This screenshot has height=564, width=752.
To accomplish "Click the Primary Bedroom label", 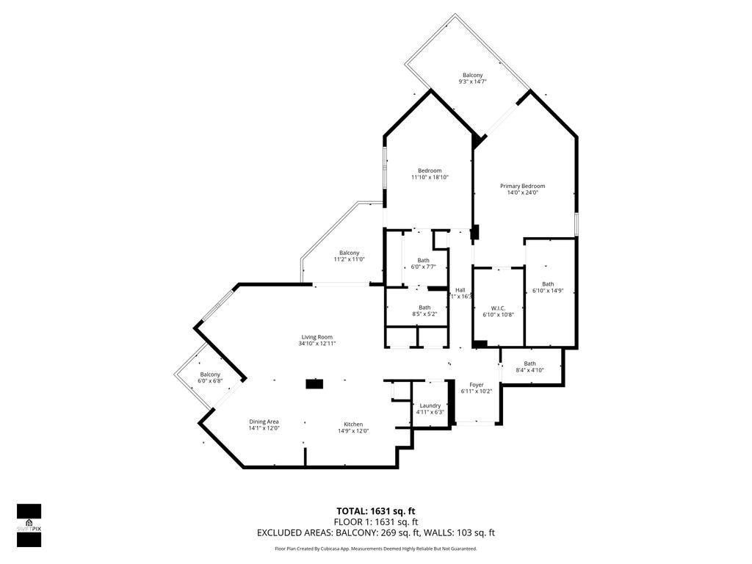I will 522,186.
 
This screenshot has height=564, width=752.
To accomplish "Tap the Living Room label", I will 316,337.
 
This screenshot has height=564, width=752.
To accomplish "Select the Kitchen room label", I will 353,424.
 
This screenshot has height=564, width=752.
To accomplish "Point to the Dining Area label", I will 263,421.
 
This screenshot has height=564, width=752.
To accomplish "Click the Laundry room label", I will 430,405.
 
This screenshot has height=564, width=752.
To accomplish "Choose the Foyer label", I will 477,384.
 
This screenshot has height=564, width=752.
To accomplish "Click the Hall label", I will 460,289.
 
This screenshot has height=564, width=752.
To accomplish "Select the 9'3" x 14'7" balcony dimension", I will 472,82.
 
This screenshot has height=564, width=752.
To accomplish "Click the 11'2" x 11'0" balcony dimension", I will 349,259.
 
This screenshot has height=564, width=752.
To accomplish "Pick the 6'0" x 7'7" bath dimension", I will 424,267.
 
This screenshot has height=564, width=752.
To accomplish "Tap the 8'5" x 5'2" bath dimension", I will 424,314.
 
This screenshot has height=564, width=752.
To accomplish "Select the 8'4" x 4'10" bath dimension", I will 529,371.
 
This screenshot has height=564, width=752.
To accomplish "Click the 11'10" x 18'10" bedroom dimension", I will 430,177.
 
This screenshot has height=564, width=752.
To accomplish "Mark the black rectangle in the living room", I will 314,383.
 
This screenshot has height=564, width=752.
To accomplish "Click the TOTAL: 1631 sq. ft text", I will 376,511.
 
